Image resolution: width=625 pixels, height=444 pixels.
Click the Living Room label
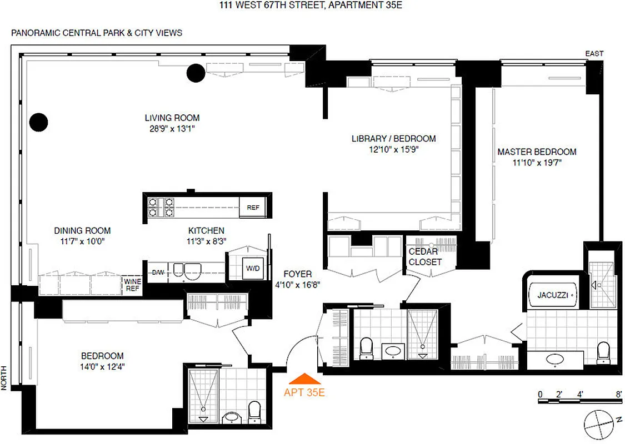pos(172,118)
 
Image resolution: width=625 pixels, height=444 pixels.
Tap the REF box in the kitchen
pos(253,208)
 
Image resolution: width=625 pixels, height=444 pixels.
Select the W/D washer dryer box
pos(253,269)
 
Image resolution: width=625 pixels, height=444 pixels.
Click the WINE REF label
pos(131,284)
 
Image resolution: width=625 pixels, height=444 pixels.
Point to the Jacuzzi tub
pos(552,295)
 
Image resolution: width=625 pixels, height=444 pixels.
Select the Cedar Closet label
pos(425,257)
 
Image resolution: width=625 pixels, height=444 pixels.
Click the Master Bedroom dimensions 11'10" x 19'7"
pos(537,163)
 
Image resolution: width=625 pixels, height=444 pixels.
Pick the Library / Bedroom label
pos(393,138)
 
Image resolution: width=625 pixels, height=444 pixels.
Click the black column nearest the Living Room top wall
pos(196,72)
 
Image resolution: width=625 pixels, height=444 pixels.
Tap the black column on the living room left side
pos(38,122)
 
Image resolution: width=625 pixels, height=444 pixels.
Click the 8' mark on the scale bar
pos(618,394)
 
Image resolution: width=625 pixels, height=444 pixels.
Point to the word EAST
pos(594,54)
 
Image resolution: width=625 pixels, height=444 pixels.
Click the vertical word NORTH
pos(4,378)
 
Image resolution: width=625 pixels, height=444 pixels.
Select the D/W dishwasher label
pos(158,273)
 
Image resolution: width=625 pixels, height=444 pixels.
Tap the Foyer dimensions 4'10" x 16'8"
pos(297,285)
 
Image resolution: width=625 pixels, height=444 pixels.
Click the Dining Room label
pos(82,231)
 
